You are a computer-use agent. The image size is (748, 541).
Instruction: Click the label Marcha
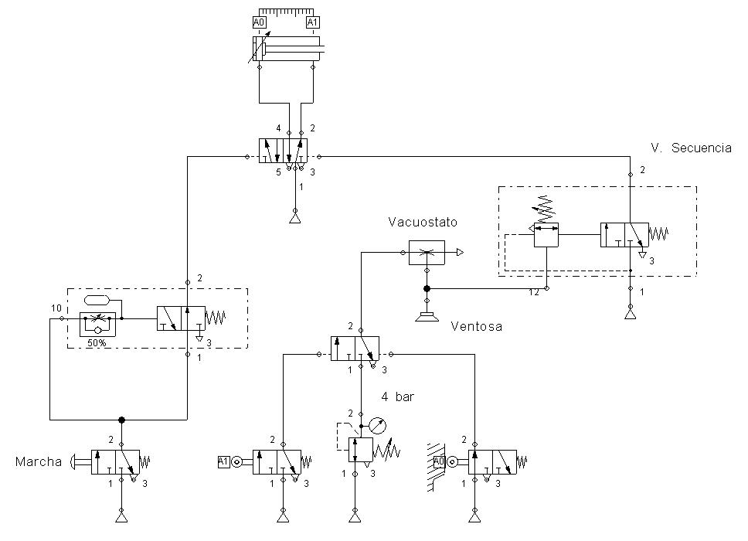point(39,462)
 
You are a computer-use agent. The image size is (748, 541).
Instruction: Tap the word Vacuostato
point(423,222)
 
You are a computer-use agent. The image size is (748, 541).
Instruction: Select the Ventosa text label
point(476,327)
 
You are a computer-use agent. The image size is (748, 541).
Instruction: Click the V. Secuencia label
point(691,148)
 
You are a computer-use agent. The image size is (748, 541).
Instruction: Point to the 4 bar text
point(398,397)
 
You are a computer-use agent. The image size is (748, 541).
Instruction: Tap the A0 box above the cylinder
point(260,22)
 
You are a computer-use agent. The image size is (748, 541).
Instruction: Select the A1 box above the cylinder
point(312,22)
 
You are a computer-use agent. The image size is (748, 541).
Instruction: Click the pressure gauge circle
point(376,424)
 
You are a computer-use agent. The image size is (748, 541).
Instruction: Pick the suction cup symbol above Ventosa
point(427,315)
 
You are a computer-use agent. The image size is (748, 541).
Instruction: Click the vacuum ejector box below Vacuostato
point(427,253)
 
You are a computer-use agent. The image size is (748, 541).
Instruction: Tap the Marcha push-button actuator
point(77,462)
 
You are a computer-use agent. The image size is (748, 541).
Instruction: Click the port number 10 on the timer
point(56,308)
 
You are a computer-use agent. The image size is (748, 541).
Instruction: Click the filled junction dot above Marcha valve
point(121,420)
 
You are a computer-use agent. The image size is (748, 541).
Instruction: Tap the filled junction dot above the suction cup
point(427,288)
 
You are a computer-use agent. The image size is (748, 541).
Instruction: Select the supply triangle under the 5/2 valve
point(294,219)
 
